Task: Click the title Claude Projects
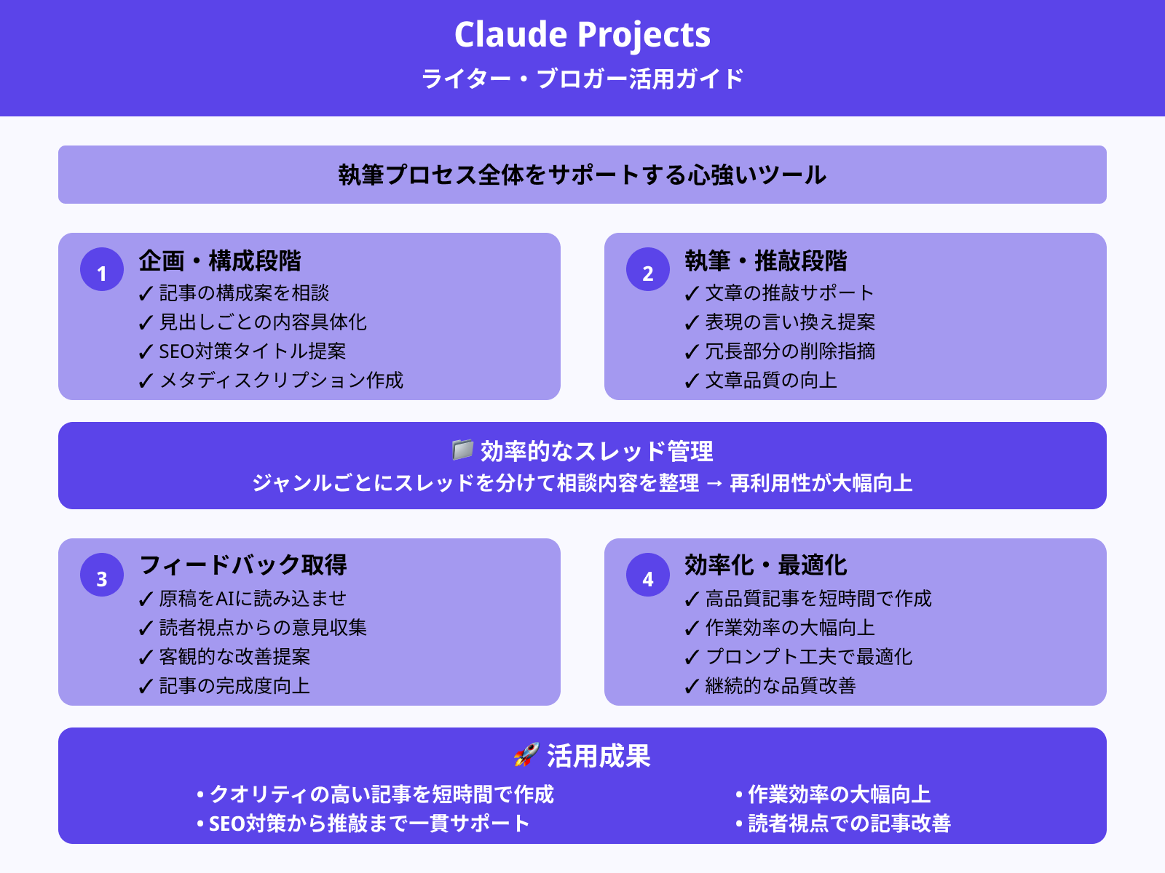(582, 35)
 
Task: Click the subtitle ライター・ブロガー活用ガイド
(582, 79)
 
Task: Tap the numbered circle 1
(102, 270)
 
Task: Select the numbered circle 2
(648, 270)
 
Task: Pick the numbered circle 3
(102, 575)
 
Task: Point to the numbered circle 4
(648, 575)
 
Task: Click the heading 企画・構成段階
(220, 260)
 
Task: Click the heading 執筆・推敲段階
(766, 260)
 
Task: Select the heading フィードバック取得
(243, 565)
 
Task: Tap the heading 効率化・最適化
(766, 565)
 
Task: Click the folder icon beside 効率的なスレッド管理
(462, 450)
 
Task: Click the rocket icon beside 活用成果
(526, 755)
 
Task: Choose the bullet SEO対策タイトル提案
(252, 351)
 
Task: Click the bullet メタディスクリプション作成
(281, 380)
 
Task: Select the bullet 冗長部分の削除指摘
(790, 351)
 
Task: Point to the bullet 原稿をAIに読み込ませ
(253, 599)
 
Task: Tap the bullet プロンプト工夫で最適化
(808, 657)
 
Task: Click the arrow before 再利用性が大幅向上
(714, 484)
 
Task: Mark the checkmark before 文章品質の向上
(692, 381)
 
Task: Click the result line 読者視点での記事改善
(849, 824)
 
